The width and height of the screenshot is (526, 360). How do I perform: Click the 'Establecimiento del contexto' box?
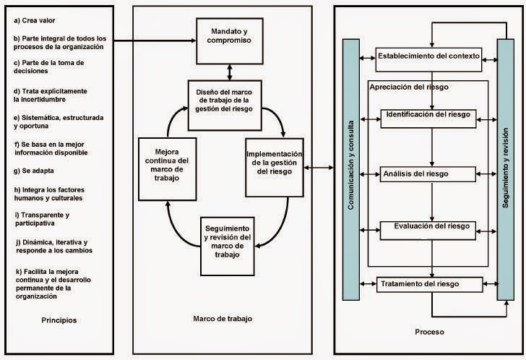[428, 57]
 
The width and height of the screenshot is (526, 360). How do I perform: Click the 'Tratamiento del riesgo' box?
[429, 284]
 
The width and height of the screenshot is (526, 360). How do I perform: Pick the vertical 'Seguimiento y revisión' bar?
[504, 169]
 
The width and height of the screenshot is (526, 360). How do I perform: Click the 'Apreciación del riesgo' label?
[409, 87]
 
